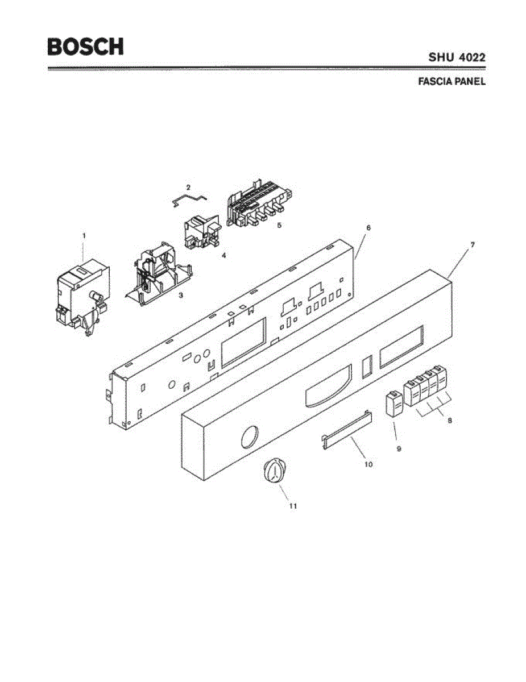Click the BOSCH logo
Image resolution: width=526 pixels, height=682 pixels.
[x=85, y=47]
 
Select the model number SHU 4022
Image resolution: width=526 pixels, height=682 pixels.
[x=457, y=57]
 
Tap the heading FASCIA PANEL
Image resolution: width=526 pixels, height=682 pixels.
[x=452, y=81]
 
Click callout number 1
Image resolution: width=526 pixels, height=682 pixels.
[x=84, y=235]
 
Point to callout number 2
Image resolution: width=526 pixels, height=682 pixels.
[x=188, y=187]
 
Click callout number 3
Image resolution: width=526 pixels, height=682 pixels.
[x=180, y=296]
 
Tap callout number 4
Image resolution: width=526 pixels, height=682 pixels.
[x=223, y=256]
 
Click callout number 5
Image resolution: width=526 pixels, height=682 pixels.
[x=279, y=225]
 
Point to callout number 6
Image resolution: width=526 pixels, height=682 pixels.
[x=368, y=227]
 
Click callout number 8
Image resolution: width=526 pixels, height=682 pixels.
[x=450, y=421]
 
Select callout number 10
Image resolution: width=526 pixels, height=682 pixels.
[x=368, y=464]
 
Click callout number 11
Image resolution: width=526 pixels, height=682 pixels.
[x=293, y=505]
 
